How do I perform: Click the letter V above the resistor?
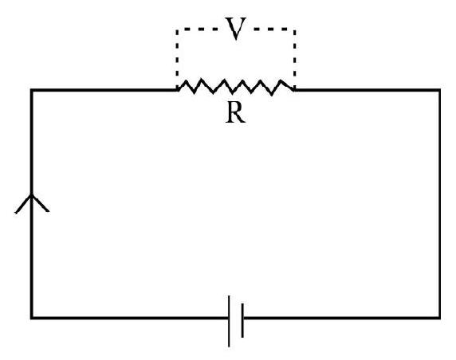(235, 29)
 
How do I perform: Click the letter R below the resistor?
(235, 113)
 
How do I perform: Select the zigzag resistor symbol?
(235, 87)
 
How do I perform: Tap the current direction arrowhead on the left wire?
(32, 202)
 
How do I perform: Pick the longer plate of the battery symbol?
(229, 321)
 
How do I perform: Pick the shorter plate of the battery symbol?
(242, 320)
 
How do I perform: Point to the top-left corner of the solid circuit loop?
(32, 90)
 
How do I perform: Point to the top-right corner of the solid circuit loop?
(439, 90)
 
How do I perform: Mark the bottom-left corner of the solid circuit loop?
(32, 318)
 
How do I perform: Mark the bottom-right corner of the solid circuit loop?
(439, 318)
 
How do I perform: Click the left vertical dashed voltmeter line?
(177, 58)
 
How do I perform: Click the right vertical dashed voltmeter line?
(295, 58)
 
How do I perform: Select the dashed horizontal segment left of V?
(197, 29)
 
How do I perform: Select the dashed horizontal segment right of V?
(274, 29)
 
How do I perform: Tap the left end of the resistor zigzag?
(178, 90)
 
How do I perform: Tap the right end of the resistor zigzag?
(294, 90)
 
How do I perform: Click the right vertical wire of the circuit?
(439, 204)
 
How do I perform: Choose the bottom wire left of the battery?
(130, 318)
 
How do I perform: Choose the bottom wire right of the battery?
(341, 318)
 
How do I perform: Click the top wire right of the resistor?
(367, 90)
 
